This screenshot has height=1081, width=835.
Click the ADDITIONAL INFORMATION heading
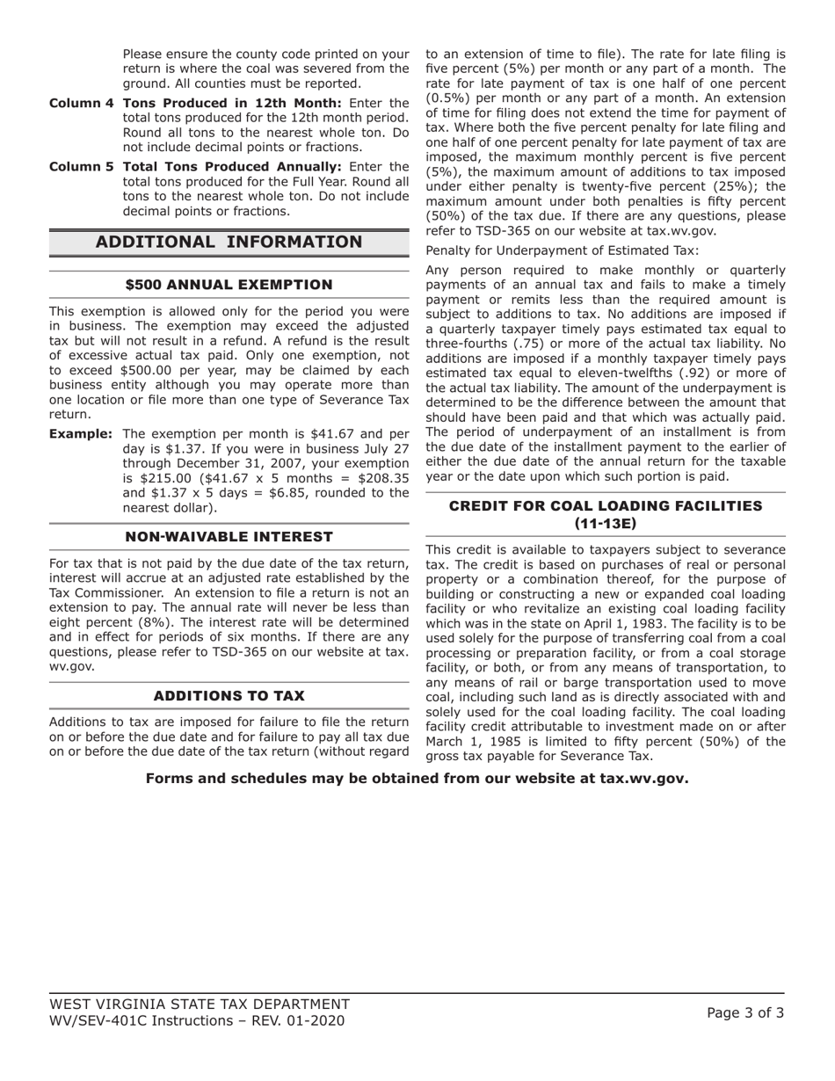(x=229, y=242)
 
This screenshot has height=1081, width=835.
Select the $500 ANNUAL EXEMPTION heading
(x=229, y=285)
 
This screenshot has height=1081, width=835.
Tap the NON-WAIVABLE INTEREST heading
(x=229, y=537)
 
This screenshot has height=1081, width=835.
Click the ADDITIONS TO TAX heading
(x=229, y=696)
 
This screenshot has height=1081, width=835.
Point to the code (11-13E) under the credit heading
(x=606, y=523)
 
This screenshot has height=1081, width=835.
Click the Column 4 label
(x=81, y=103)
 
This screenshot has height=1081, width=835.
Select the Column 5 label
(x=81, y=166)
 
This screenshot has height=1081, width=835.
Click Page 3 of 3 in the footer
(x=745, y=1012)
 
